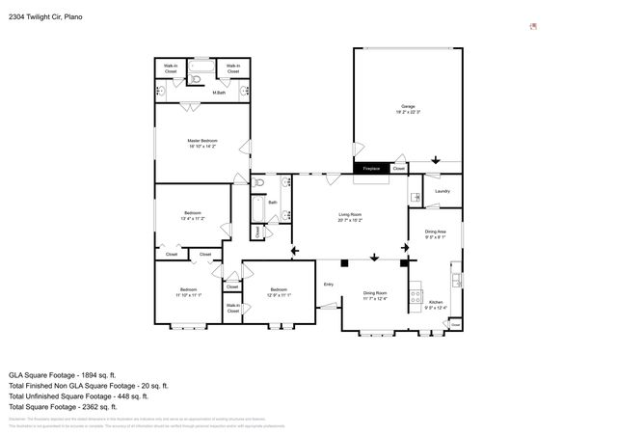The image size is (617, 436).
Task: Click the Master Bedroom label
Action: click(202, 143)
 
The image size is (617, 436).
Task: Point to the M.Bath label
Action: click(219, 93)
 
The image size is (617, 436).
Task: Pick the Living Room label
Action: click(349, 217)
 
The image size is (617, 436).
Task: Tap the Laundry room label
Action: click(443, 191)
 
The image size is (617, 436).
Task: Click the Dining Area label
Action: click(436, 233)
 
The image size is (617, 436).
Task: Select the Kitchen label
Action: click(436, 304)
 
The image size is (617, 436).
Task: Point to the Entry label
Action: click(328, 284)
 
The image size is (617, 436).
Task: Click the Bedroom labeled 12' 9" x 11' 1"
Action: click(279, 291)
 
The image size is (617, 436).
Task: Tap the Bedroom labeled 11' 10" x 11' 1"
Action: click(188, 291)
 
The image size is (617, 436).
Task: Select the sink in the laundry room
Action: click(416, 198)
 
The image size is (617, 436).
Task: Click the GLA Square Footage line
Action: click(63, 373)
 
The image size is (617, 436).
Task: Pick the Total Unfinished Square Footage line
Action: click(78, 395)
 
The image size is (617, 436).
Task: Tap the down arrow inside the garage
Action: click(435, 159)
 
